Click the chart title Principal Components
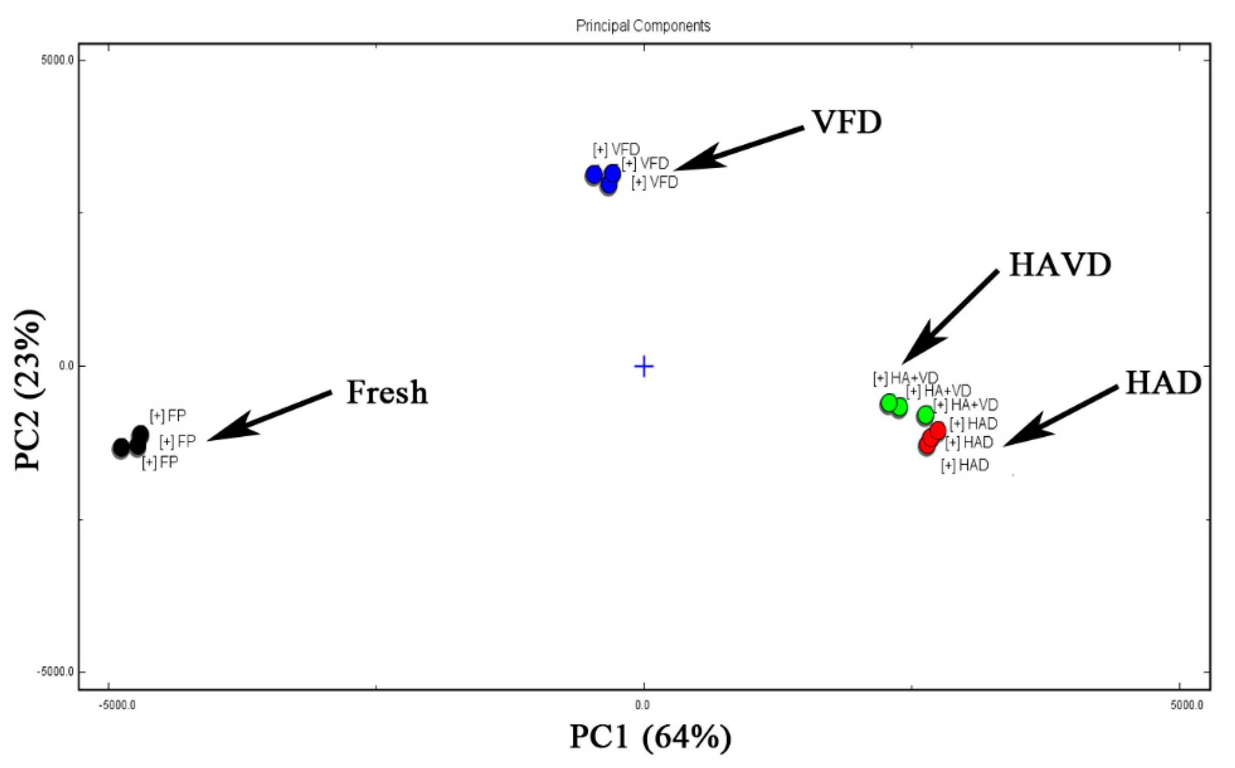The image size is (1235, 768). (x=643, y=26)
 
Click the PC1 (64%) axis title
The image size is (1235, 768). (x=650, y=737)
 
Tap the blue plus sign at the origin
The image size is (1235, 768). (x=644, y=366)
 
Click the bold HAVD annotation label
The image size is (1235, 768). (x=1060, y=265)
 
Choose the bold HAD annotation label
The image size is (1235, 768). (x=1163, y=383)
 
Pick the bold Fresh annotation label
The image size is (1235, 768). (x=387, y=393)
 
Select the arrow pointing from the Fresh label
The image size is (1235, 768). (x=269, y=415)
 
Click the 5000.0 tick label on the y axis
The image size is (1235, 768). (x=57, y=60)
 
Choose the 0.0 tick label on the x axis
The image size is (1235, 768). (x=643, y=706)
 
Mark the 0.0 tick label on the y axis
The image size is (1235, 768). (x=67, y=365)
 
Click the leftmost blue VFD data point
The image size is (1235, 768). (x=593, y=175)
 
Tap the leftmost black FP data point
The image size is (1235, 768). (x=121, y=448)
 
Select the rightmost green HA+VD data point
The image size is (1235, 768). (x=925, y=415)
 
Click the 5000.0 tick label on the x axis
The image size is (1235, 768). (x=1187, y=706)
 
